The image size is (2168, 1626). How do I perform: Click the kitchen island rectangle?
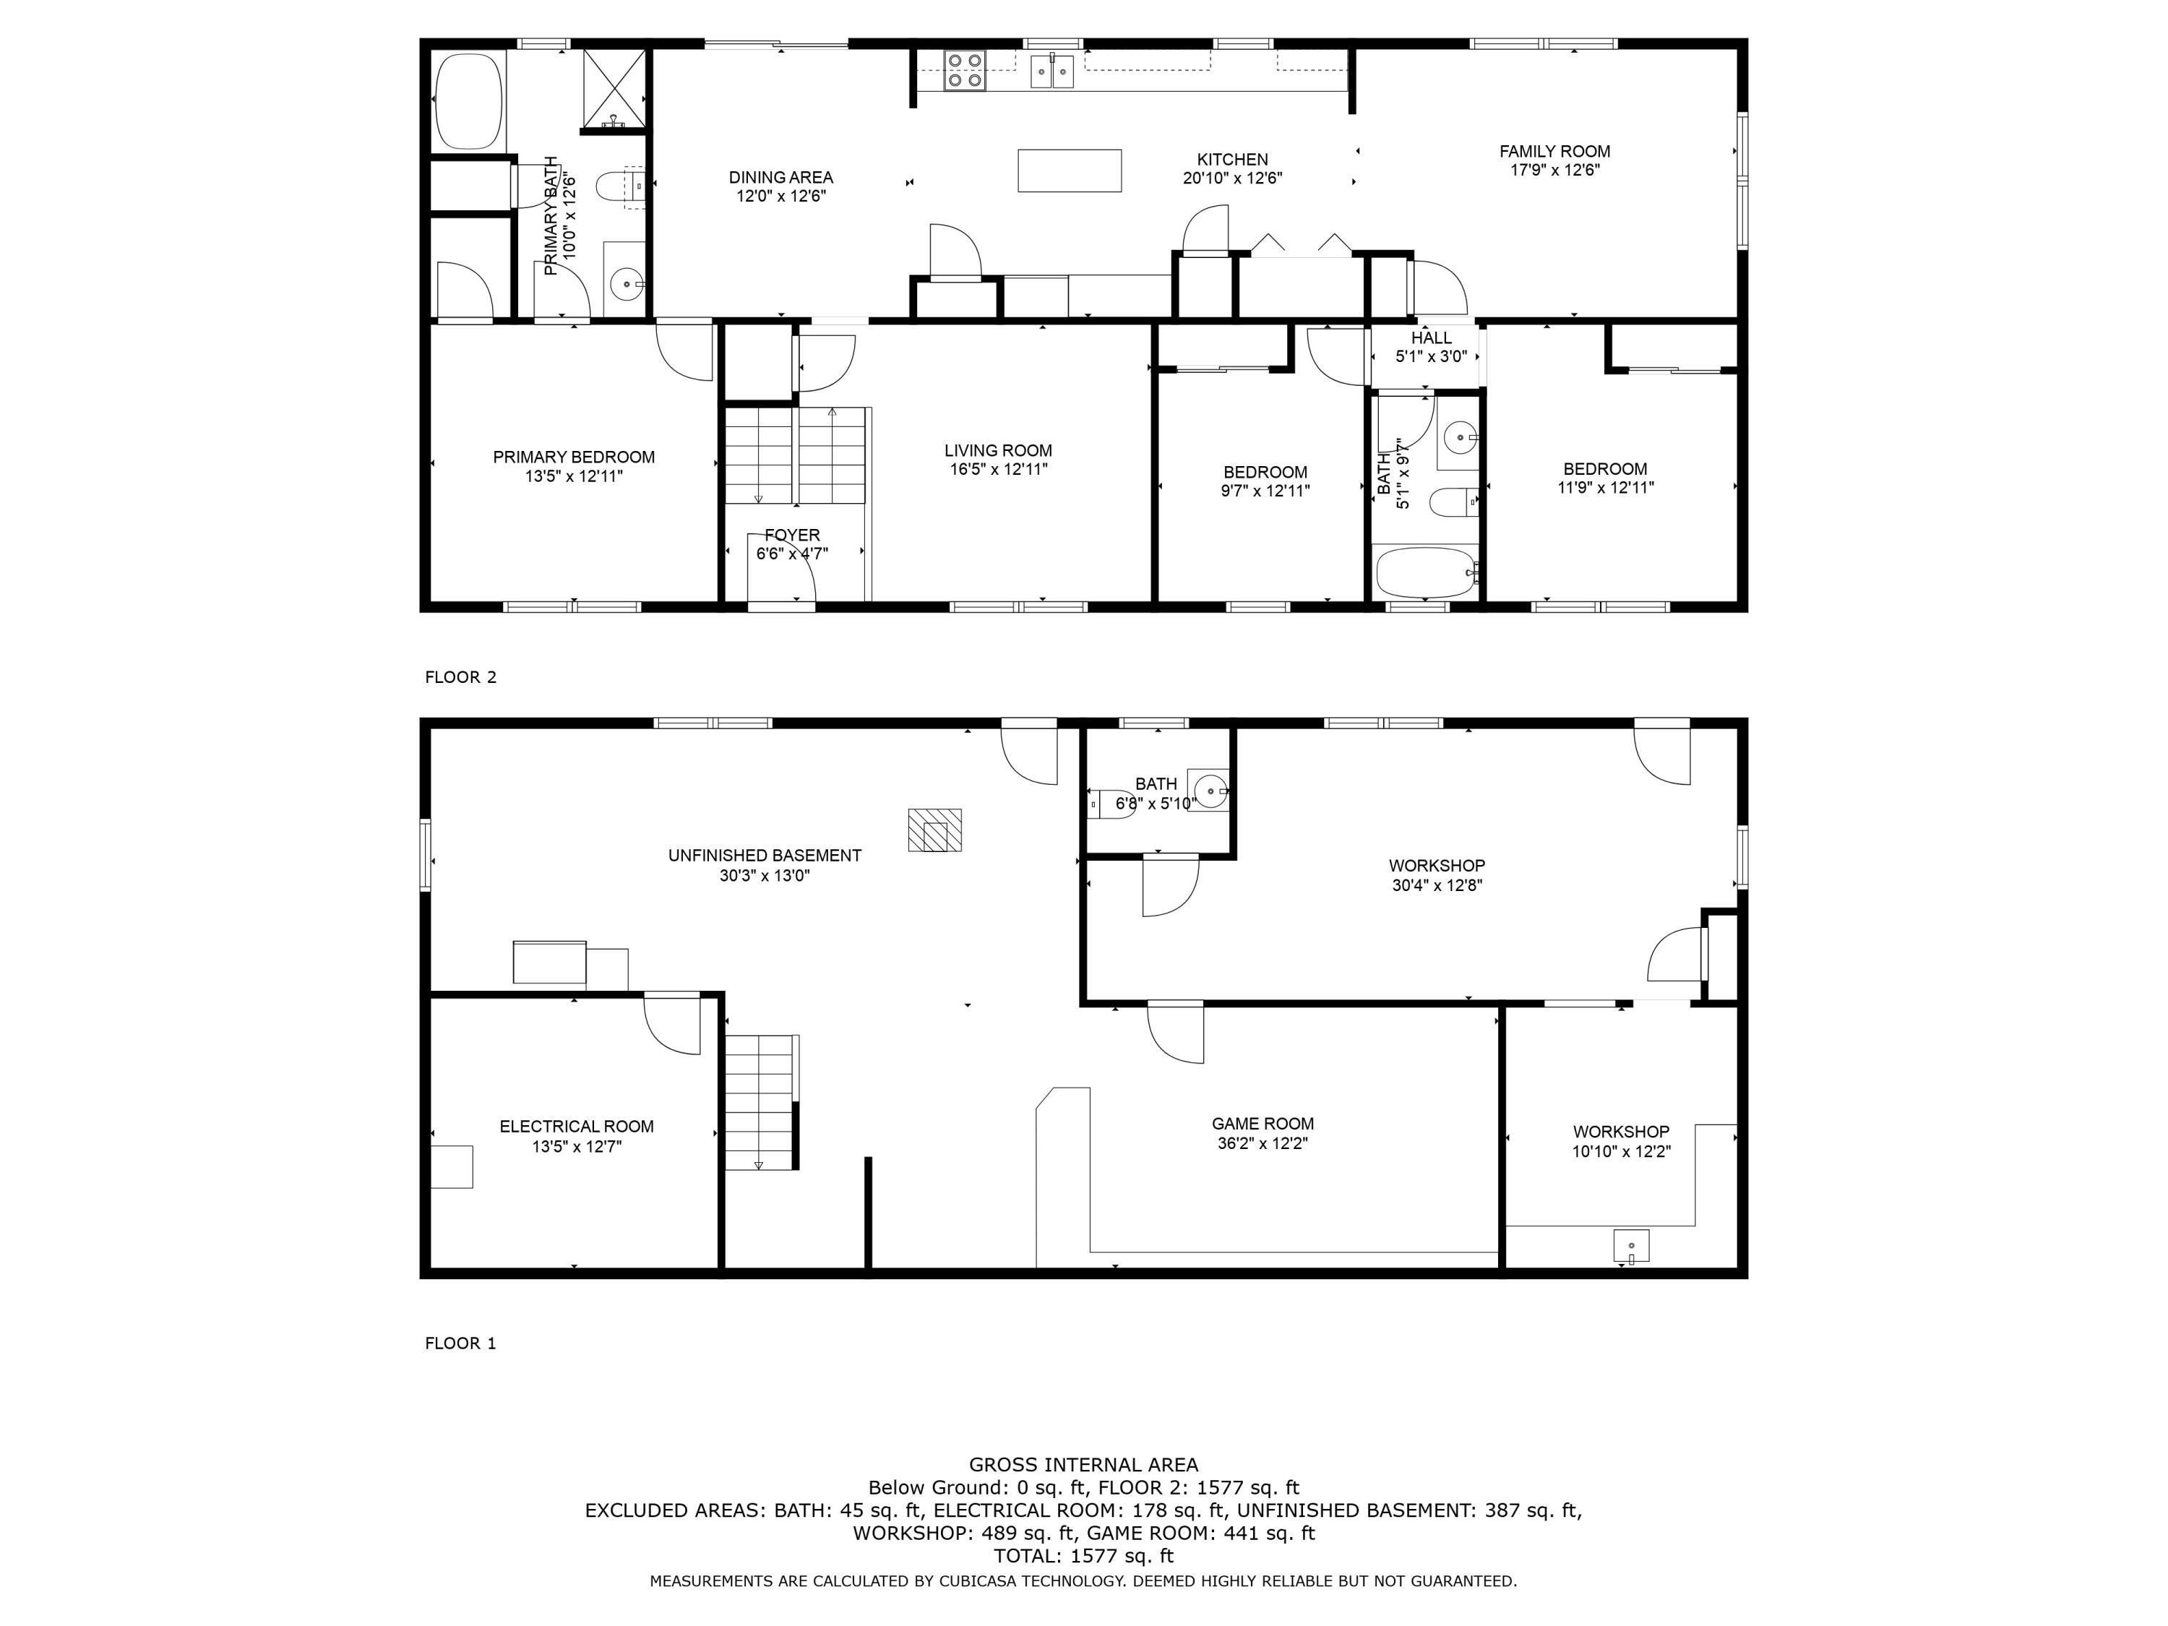tap(1070, 171)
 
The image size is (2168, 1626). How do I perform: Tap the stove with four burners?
tap(965, 72)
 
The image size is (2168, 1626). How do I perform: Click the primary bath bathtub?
tap(468, 101)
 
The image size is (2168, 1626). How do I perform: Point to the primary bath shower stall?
tap(614, 88)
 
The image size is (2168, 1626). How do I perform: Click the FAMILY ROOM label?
tap(1554, 151)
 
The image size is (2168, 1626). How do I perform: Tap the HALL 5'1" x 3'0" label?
tap(1431, 347)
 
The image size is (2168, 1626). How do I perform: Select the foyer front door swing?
tap(781, 569)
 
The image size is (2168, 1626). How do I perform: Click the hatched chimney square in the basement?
tap(934, 830)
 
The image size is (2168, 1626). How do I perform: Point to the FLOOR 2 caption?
tap(460, 677)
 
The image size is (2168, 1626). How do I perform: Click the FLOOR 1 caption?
tap(460, 1343)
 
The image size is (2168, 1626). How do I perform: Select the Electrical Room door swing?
tap(672, 1025)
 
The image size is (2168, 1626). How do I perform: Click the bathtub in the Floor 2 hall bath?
tap(1426, 572)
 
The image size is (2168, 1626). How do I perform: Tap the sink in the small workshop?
tap(1631, 1246)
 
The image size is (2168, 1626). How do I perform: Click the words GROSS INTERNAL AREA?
tap(1083, 1464)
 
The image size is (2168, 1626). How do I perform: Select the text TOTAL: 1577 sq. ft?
tap(1083, 1555)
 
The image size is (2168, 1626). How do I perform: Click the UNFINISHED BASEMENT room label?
tap(765, 856)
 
